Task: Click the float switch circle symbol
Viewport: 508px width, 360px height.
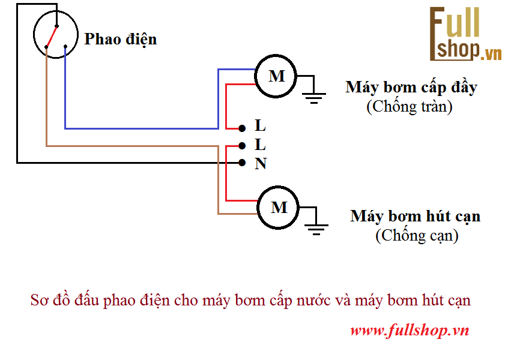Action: pyautogui.click(x=56, y=35)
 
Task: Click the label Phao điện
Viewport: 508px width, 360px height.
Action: pyautogui.click(x=121, y=40)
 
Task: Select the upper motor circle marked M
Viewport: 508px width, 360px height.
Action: pyautogui.click(x=276, y=76)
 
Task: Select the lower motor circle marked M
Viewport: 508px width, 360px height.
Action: pyautogui.click(x=279, y=208)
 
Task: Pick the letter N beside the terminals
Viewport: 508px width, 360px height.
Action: pyautogui.click(x=261, y=164)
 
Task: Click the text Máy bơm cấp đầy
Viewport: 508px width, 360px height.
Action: pyautogui.click(x=411, y=88)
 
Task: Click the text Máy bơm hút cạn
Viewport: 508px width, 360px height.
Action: pyautogui.click(x=415, y=216)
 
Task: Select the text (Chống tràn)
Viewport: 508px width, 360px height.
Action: pyautogui.click(x=409, y=107)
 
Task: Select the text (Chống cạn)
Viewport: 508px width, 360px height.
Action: pyautogui.click(x=417, y=236)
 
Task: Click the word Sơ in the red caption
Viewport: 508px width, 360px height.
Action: pyautogui.click(x=38, y=301)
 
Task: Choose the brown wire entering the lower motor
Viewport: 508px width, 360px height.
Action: pyautogui.click(x=238, y=214)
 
